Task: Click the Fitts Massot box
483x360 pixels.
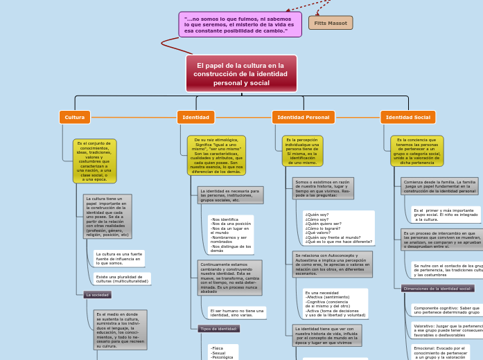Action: pos(331,23)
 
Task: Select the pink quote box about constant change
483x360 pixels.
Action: pos(240,24)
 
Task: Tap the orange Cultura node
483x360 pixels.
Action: pos(75,117)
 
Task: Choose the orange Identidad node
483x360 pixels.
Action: pos(195,117)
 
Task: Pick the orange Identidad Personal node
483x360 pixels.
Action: pos(303,117)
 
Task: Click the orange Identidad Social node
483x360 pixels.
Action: pos(407,117)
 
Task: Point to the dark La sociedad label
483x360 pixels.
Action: pos(97,294)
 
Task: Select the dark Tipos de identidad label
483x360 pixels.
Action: pos(218,329)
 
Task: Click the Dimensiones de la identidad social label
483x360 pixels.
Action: pos(437,288)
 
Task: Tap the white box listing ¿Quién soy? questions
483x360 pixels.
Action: pos(338,228)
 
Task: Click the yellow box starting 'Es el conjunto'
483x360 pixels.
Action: pos(94,161)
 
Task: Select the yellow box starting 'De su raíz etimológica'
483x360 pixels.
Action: pos(216,155)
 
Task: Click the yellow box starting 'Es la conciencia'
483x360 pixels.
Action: pos(416,151)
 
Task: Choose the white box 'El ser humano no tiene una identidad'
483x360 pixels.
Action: pos(236,313)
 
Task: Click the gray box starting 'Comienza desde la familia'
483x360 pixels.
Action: pos(439,186)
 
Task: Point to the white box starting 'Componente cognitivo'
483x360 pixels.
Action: pos(447,309)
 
